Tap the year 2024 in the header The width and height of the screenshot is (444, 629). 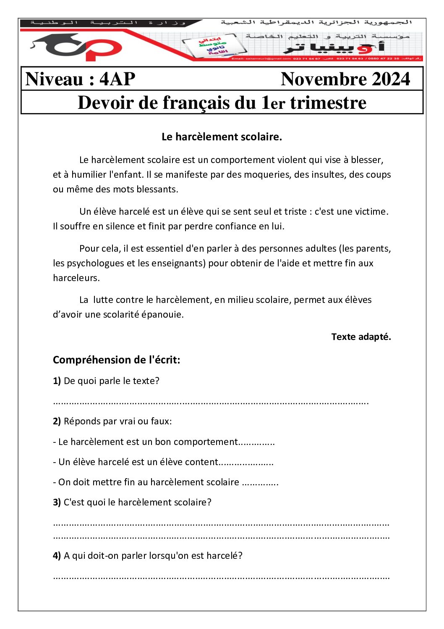[391, 79]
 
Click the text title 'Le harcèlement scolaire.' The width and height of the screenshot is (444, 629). [222, 137]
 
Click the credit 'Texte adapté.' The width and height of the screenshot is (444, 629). [361, 337]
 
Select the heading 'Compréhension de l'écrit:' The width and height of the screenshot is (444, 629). [116, 360]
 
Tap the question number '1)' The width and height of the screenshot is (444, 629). [57, 381]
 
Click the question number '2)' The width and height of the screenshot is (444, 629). [57, 421]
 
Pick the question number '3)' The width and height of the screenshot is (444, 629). [57, 502]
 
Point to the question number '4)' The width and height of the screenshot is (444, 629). [57, 555]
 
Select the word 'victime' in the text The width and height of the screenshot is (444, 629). [371, 211]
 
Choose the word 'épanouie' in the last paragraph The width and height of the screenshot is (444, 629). [162, 314]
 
